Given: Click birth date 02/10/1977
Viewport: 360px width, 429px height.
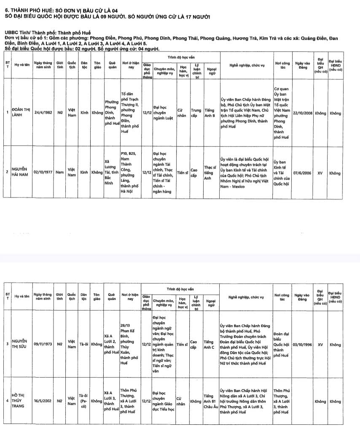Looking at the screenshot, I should [44, 173].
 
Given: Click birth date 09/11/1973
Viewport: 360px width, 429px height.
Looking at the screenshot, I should [44, 344].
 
